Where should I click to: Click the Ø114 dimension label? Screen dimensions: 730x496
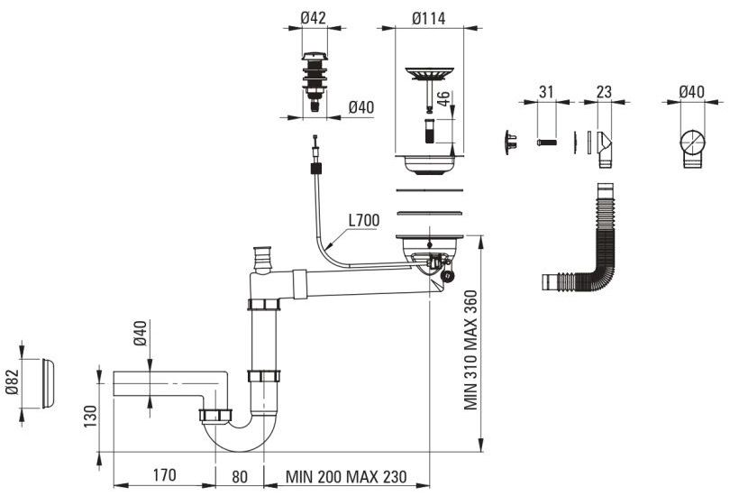coord(428,18)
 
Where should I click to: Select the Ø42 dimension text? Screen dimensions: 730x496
coord(314,18)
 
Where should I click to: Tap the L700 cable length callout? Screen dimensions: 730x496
coord(364,219)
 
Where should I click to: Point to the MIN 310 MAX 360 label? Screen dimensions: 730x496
coord(470,350)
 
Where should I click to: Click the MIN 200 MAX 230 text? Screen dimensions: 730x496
coord(346,476)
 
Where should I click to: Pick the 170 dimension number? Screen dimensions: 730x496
coord(165,475)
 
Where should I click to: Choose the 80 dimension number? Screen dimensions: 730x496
coord(240,476)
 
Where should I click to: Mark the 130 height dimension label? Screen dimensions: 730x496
coord(90,416)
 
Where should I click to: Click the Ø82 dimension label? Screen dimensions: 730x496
coord(12,381)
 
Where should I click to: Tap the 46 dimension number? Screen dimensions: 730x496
coord(443,98)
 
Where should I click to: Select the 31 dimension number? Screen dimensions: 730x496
coord(546,92)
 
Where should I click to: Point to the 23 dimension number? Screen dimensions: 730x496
coord(603,92)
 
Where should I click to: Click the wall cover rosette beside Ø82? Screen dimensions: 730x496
coord(48,383)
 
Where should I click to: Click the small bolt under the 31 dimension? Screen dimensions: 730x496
coord(547,142)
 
